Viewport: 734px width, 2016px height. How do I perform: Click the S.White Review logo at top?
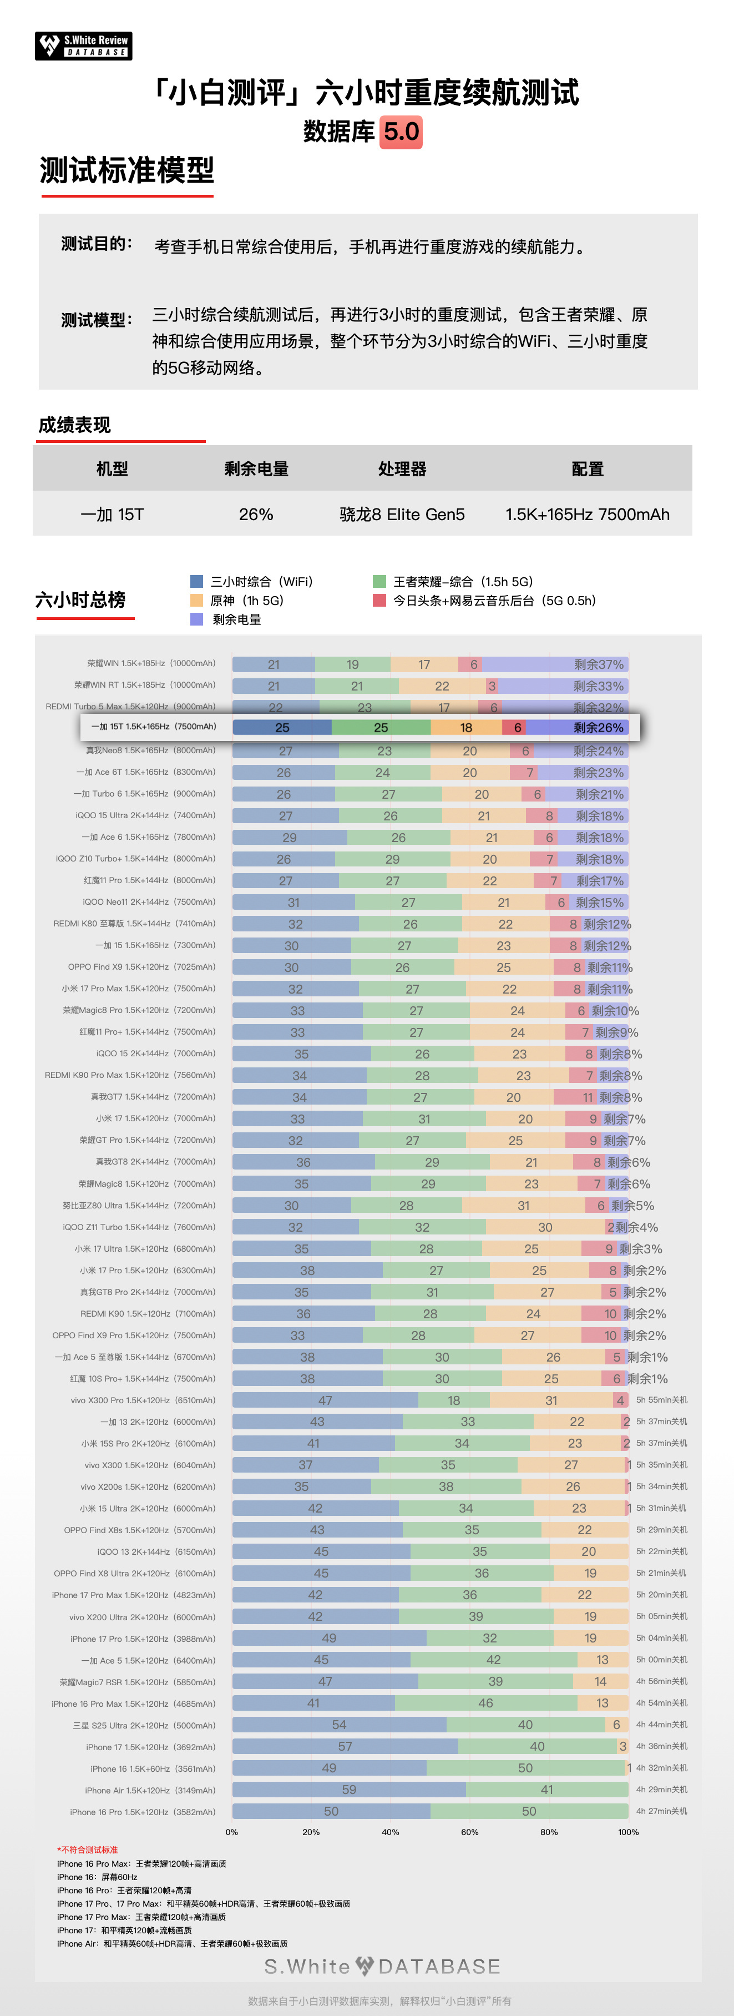point(83,46)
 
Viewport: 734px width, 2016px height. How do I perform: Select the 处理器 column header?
point(402,469)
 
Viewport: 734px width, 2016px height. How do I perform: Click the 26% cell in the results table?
point(256,514)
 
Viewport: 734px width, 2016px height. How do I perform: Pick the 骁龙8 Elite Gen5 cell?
point(402,514)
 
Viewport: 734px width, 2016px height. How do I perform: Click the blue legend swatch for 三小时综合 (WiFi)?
point(196,582)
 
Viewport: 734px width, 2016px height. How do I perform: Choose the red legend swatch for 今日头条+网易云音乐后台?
point(379,600)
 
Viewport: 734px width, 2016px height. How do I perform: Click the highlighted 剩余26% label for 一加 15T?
point(599,728)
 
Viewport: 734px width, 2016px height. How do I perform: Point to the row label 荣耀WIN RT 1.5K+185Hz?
point(145,686)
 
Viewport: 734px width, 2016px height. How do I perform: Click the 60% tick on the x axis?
point(469,1832)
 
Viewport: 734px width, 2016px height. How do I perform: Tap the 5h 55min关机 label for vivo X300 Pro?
point(661,1400)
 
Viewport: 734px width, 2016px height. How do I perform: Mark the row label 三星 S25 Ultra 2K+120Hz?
point(144,1725)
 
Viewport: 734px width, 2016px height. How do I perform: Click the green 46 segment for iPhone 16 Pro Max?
point(486,1703)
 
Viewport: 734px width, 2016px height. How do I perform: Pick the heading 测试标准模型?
point(126,170)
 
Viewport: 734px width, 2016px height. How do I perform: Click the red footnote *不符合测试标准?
point(88,1850)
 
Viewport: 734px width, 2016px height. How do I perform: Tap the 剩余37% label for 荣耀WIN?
point(599,664)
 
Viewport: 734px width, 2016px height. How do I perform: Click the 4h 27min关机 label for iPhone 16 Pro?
point(661,1811)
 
